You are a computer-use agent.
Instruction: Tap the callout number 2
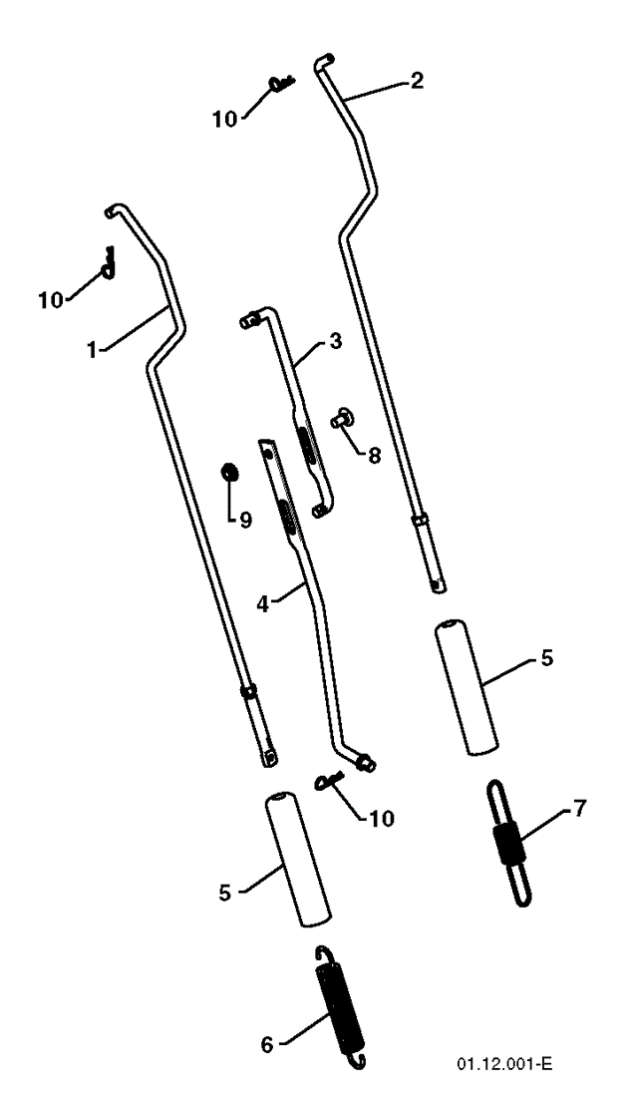click(x=416, y=81)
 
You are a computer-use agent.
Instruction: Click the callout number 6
click(x=266, y=1044)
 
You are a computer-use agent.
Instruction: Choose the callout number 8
click(x=373, y=455)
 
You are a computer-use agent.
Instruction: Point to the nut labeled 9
click(x=228, y=471)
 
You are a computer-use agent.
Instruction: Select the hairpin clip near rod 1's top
click(x=108, y=262)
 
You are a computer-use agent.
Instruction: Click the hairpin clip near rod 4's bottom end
click(x=329, y=782)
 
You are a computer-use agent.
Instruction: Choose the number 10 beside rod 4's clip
click(x=379, y=819)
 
